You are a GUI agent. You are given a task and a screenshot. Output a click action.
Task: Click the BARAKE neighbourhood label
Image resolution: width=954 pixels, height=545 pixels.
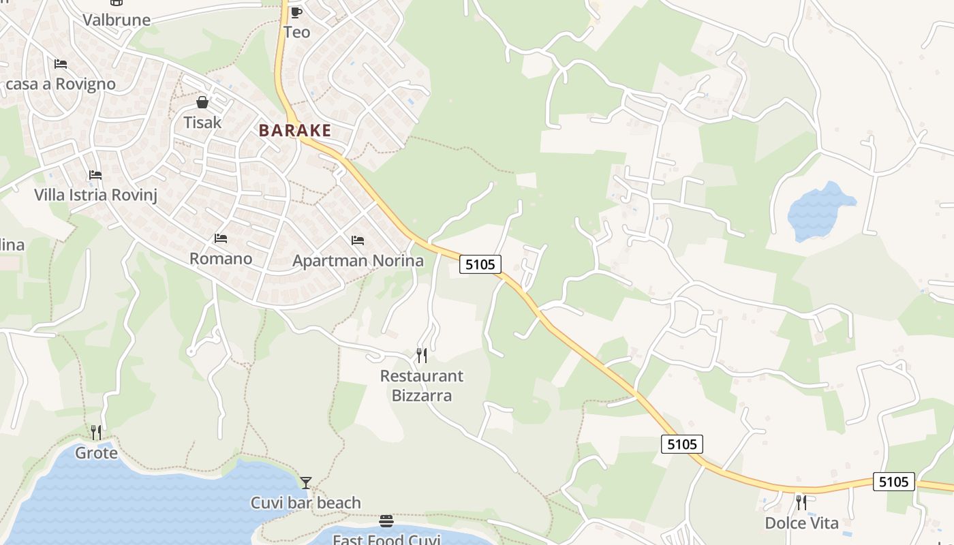(295, 130)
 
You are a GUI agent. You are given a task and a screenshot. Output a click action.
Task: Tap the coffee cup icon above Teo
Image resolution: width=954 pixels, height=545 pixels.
(296, 12)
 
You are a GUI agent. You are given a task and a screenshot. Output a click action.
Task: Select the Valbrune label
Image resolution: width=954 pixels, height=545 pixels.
(117, 20)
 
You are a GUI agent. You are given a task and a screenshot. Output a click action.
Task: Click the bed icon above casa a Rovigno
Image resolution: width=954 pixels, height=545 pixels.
(61, 64)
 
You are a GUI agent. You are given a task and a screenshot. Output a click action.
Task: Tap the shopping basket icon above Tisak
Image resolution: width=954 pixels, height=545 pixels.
(202, 102)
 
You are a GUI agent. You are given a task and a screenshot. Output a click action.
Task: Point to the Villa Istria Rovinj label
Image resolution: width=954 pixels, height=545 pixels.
(95, 195)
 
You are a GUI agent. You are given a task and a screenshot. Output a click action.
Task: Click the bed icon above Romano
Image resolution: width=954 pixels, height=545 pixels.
(221, 238)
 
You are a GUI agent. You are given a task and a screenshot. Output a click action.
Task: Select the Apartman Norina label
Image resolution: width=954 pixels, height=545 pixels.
(358, 261)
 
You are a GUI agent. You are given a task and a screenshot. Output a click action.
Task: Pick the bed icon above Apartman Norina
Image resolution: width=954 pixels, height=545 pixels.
(358, 240)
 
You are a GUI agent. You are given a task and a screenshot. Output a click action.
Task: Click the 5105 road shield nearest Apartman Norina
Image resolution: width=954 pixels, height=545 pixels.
(480, 264)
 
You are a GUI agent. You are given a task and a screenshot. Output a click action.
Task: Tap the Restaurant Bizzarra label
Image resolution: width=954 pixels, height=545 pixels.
(421, 386)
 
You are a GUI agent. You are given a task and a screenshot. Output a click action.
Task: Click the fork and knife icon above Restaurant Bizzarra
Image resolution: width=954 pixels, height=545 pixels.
(422, 355)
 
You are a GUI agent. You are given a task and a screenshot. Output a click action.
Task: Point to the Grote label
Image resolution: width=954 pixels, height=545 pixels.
(96, 453)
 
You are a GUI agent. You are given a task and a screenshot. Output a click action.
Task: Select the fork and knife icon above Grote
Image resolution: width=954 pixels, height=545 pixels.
(96, 432)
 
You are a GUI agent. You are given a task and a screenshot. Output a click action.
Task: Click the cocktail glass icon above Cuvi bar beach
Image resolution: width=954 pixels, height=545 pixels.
(306, 482)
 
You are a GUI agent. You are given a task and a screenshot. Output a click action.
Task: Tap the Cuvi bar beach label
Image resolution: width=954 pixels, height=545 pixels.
(305, 503)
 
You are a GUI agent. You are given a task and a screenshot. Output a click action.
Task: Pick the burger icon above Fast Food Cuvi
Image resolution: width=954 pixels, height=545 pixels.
(386, 521)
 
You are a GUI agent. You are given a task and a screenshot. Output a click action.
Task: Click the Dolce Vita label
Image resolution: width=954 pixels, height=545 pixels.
(801, 523)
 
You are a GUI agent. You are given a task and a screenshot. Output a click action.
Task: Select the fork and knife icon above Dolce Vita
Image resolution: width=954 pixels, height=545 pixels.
(801, 502)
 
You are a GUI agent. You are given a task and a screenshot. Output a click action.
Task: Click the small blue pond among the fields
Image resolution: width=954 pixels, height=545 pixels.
(819, 212)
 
